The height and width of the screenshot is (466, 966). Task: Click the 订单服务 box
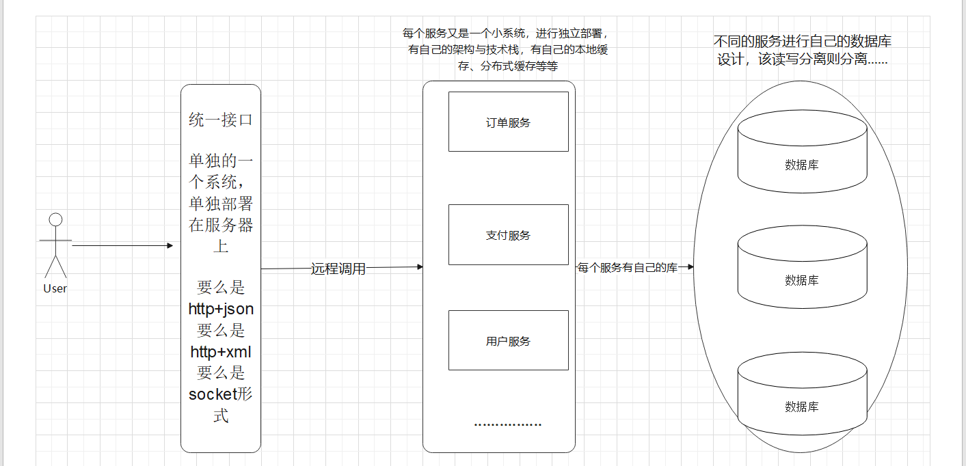click(508, 122)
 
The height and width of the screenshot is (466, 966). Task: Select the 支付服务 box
click(508, 234)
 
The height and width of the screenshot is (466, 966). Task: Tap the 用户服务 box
click(508, 340)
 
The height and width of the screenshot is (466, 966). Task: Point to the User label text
click(55, 288)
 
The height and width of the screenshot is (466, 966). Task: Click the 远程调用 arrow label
click(338, 269)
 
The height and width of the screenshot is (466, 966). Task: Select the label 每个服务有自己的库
click(628, 268)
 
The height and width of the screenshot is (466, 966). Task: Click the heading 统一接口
click(221, 120)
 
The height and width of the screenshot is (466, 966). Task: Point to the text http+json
click(221, 309)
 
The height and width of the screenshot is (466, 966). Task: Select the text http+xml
click(221, 352)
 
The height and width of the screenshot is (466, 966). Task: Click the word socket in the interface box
click(211, 394)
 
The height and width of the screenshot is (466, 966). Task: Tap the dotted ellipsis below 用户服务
click(508, 424)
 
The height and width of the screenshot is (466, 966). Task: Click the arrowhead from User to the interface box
click(170, 245)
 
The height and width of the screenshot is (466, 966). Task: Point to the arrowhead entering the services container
click(420, 266)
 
